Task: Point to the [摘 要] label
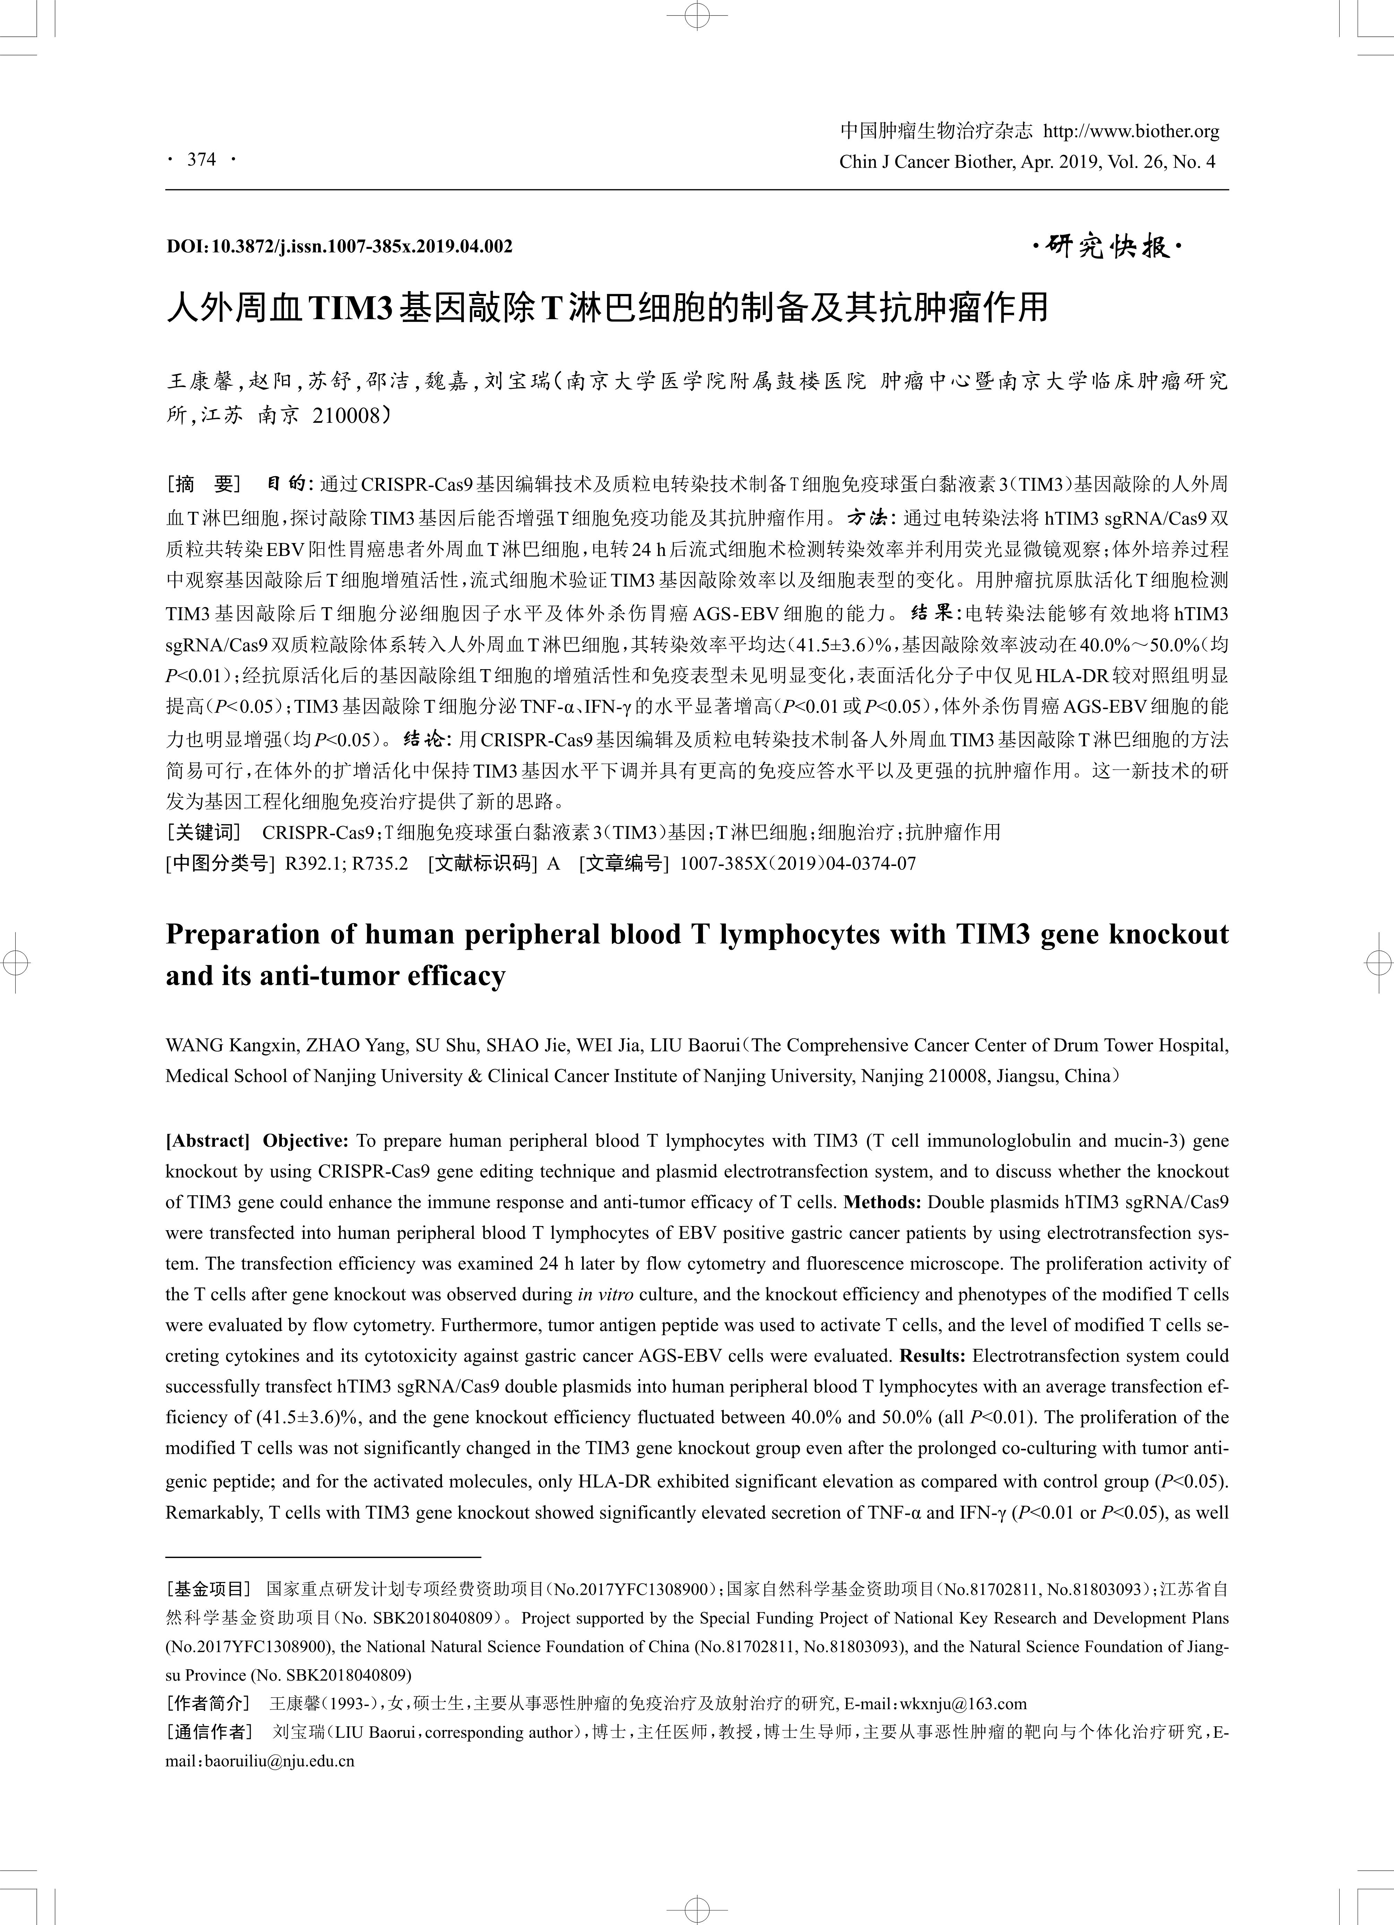tap(204, 485)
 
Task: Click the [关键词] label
tap(204, 832)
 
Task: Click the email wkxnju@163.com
tap(963, 1704)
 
